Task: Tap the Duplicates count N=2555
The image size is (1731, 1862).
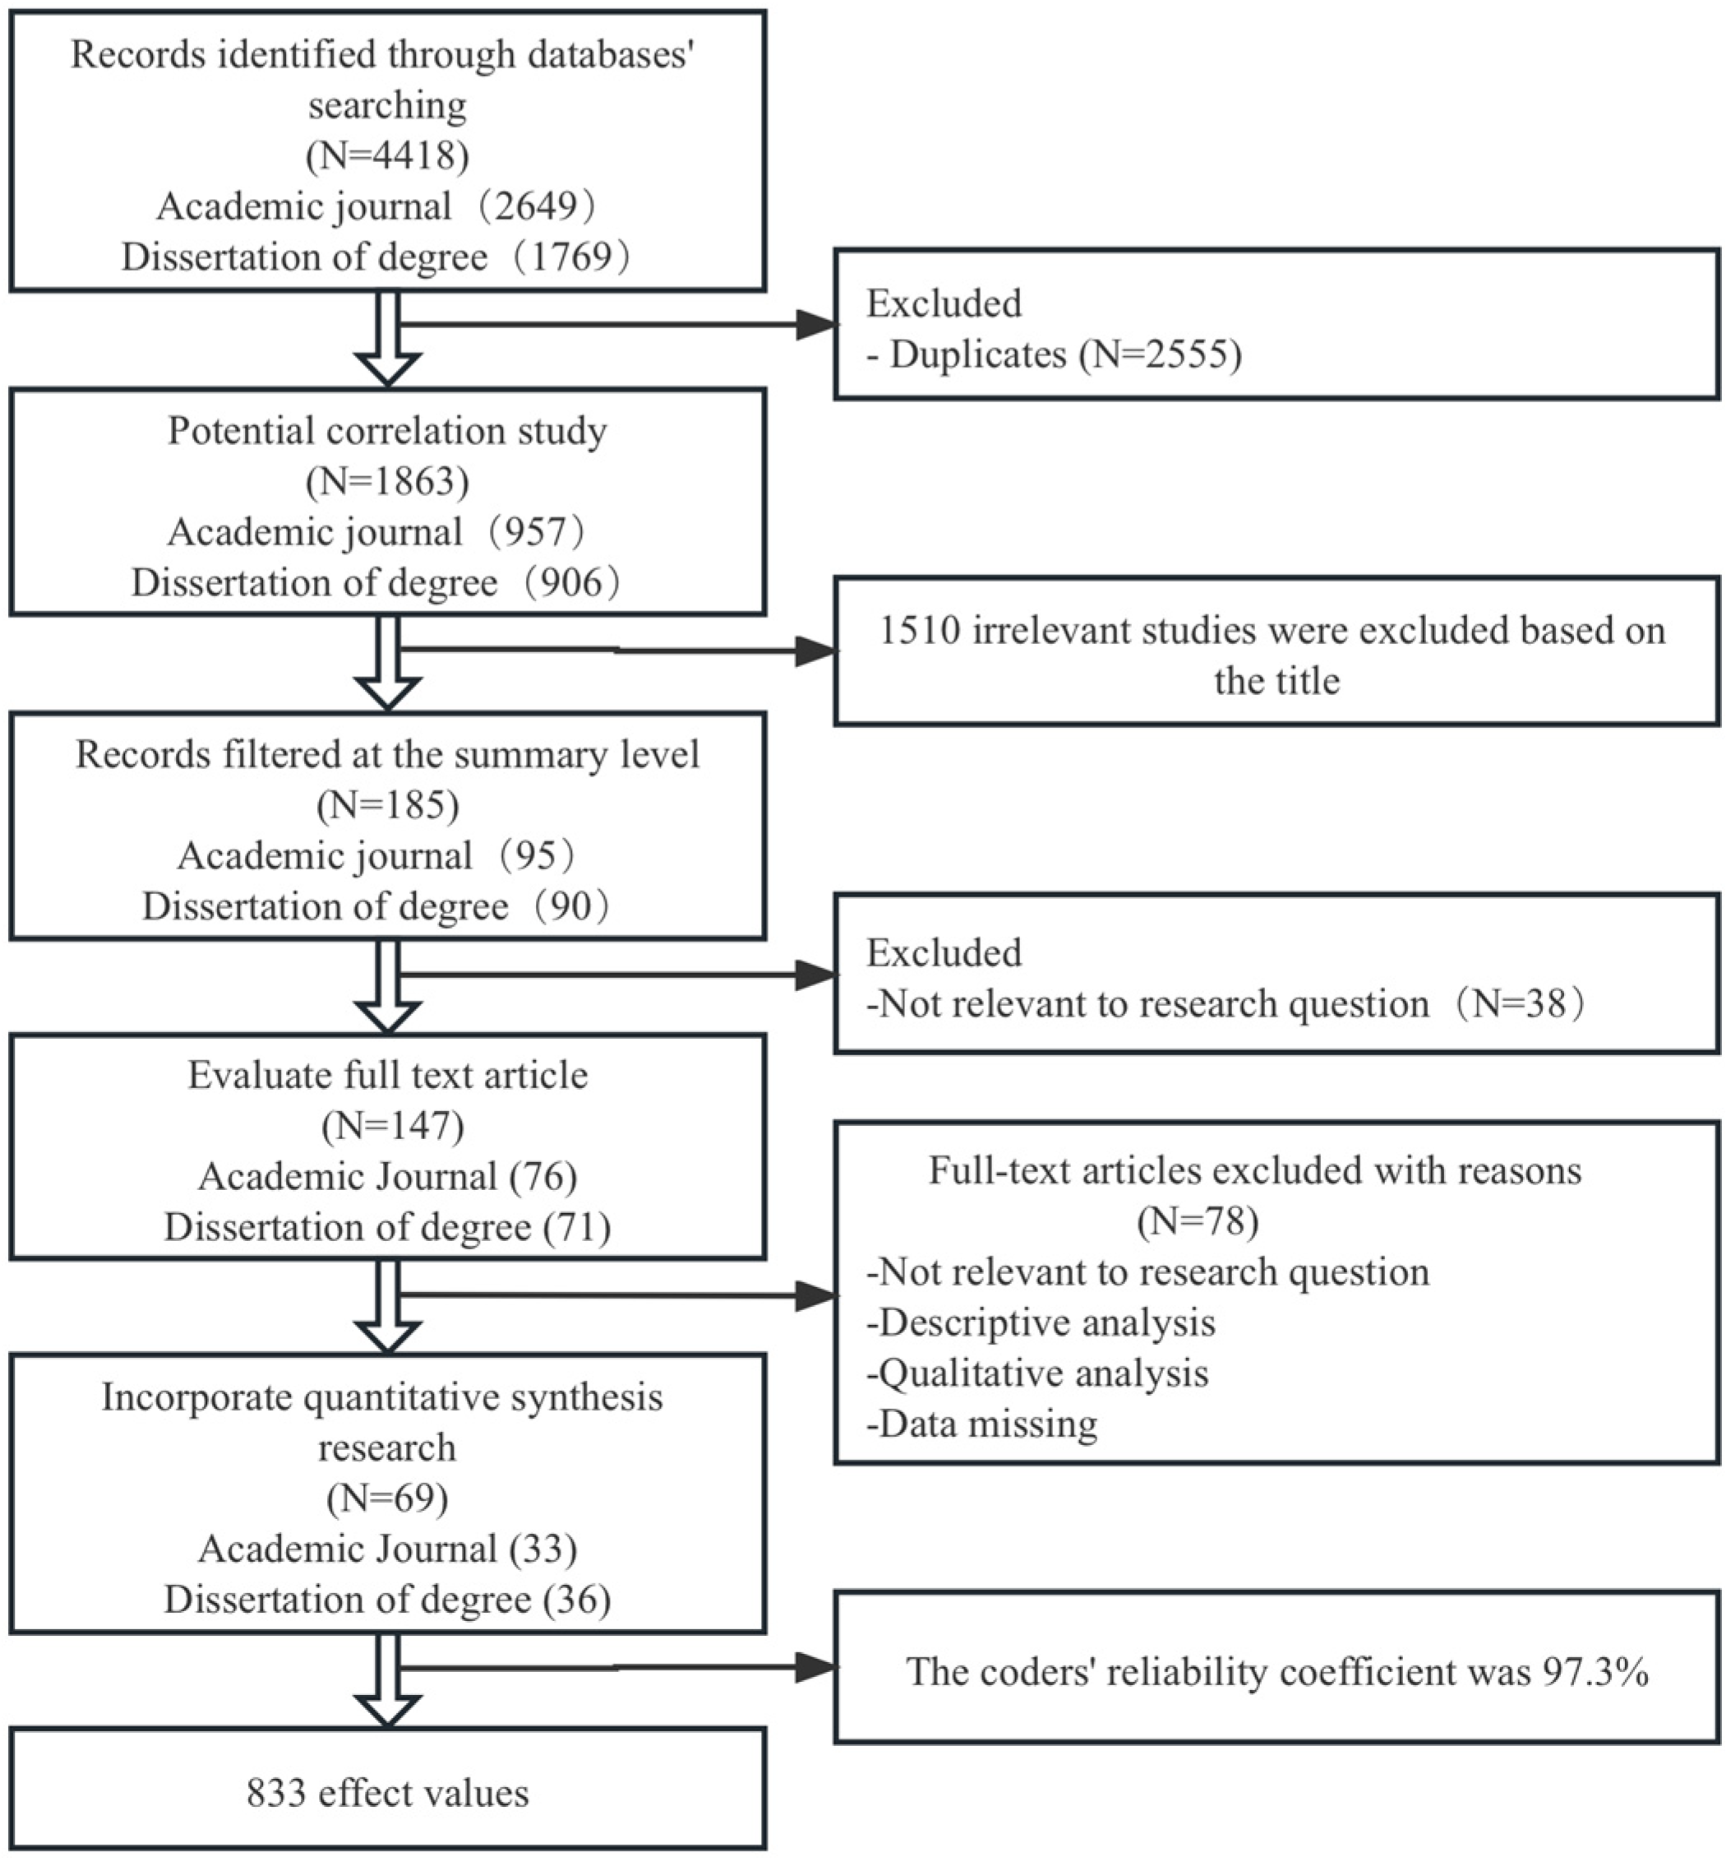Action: point(1160,354)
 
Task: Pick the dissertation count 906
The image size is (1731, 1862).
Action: point(571,582)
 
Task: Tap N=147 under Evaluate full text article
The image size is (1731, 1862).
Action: point(392,1126)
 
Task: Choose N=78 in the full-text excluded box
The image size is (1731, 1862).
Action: point(1198,1221)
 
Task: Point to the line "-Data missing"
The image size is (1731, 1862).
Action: point(982,1424)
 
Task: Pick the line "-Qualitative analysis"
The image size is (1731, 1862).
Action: point(1038,1373)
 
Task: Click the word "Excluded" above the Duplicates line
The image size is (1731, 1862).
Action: point(944,303)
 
